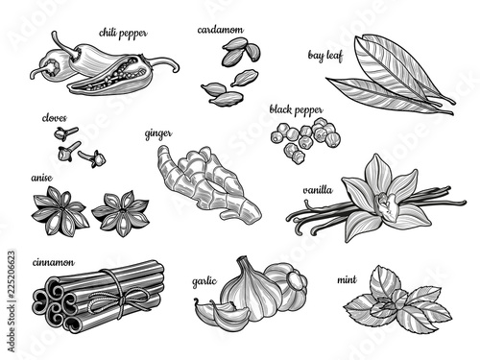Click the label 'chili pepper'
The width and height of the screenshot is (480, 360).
123,34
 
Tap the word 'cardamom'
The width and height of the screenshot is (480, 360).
220,30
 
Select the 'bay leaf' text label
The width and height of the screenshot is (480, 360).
325,56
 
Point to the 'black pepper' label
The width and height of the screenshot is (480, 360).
296,110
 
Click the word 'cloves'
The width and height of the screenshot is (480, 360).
55,118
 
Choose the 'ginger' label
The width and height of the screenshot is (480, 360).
158,133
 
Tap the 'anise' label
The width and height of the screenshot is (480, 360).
41,178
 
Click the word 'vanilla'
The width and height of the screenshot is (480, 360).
318,190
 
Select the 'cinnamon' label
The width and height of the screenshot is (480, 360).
54,262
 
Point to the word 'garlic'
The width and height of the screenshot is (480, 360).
204,281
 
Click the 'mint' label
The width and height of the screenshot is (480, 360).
347,279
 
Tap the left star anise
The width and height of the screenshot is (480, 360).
60,211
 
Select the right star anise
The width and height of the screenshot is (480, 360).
121,214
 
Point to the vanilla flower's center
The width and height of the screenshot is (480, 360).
388,204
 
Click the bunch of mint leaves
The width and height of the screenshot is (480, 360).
397,299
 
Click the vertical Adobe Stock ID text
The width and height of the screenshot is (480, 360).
12,301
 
